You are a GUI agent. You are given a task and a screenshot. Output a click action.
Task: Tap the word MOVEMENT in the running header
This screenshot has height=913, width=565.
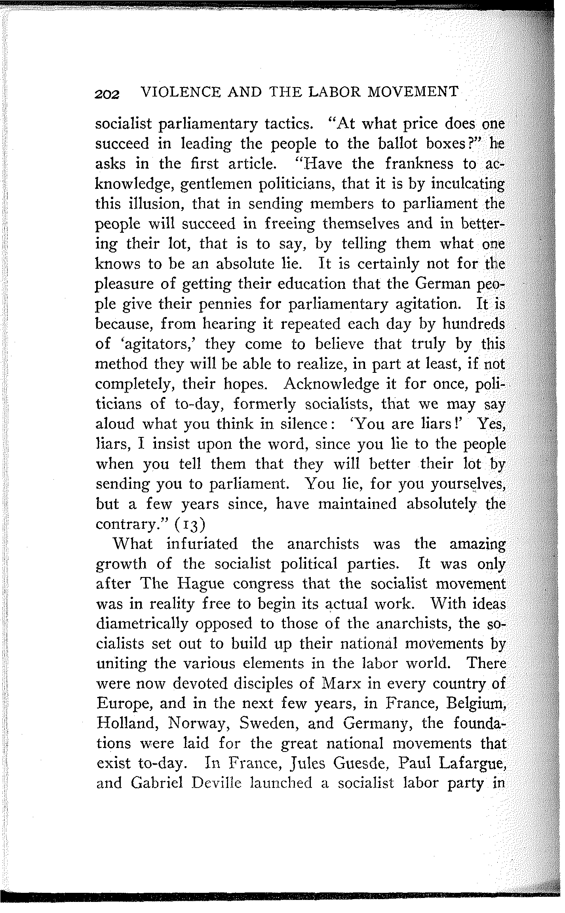click(x=413, y=92)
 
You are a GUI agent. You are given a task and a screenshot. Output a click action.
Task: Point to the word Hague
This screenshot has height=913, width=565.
click(x=202, y=584)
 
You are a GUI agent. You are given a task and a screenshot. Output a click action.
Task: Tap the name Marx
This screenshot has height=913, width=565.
click(x=341, y=683)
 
